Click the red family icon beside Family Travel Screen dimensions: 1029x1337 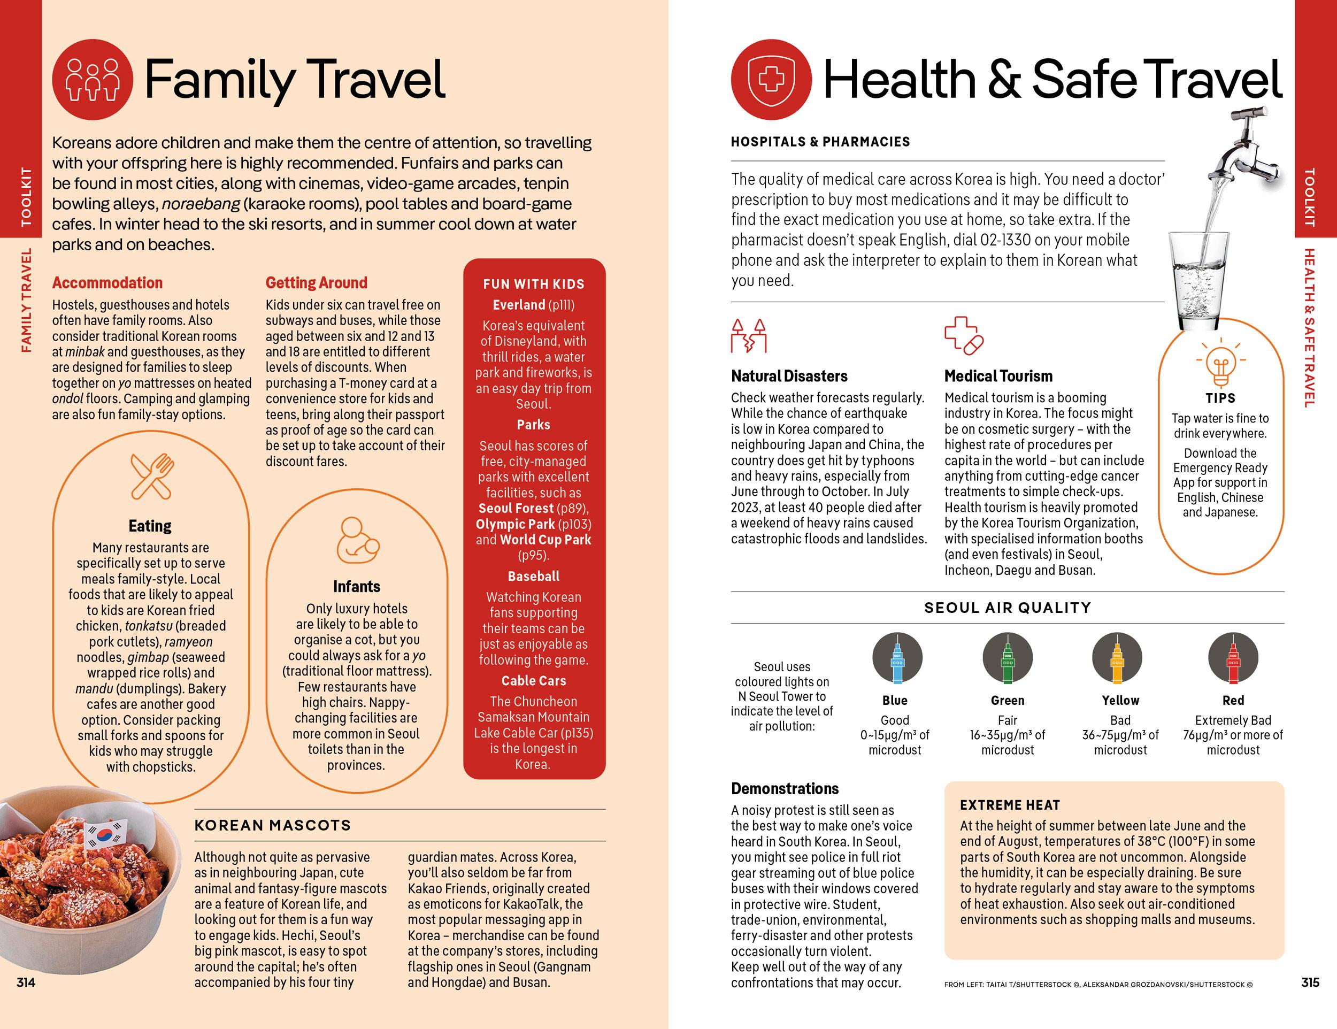(93, 80)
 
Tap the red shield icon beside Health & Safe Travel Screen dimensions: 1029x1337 (771, 80)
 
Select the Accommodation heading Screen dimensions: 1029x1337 (107, 283)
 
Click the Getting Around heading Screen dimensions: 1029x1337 (317, 283)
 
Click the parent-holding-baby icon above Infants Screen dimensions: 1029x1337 (357, 541)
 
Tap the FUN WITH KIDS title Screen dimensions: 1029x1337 (534, 284)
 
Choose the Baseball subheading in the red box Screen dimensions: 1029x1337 (534, 576)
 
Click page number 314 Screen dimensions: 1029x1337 (26, 982)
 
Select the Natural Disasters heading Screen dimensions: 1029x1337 (789, 376)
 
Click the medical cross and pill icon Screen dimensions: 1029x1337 (964, 335)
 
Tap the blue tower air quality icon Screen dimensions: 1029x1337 (897, 658)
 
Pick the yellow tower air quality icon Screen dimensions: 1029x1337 (1117, 658)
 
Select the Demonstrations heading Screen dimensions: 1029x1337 (785, 788)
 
